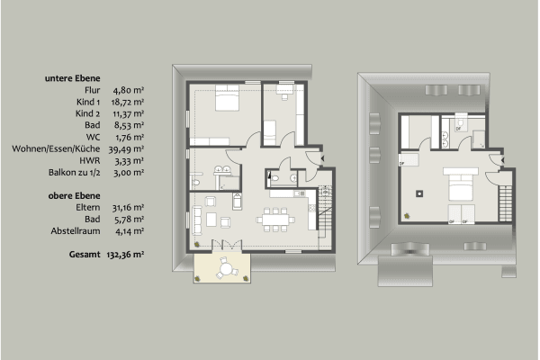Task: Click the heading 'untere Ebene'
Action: point(72,78)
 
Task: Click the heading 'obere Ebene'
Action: point(71,194)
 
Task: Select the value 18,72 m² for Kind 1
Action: point(129,104)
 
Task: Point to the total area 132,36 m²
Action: point(130,255)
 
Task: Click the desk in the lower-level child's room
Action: point(284,94)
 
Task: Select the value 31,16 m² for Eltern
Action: point(129,207)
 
